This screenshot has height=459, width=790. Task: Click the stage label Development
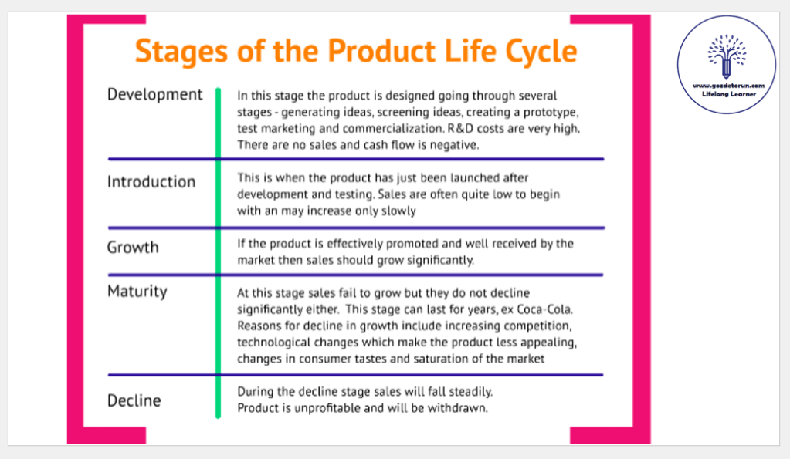(154, 94)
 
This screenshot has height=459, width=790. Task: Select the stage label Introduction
(151, 181)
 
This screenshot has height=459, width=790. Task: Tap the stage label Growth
(133, 247)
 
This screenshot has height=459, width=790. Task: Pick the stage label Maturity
(137, 292)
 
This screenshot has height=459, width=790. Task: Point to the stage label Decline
(134, 400)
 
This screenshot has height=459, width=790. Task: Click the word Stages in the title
(181, 52)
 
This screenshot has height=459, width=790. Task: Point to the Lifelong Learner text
(728, 94)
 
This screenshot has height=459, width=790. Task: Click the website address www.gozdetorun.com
(728, 86)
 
